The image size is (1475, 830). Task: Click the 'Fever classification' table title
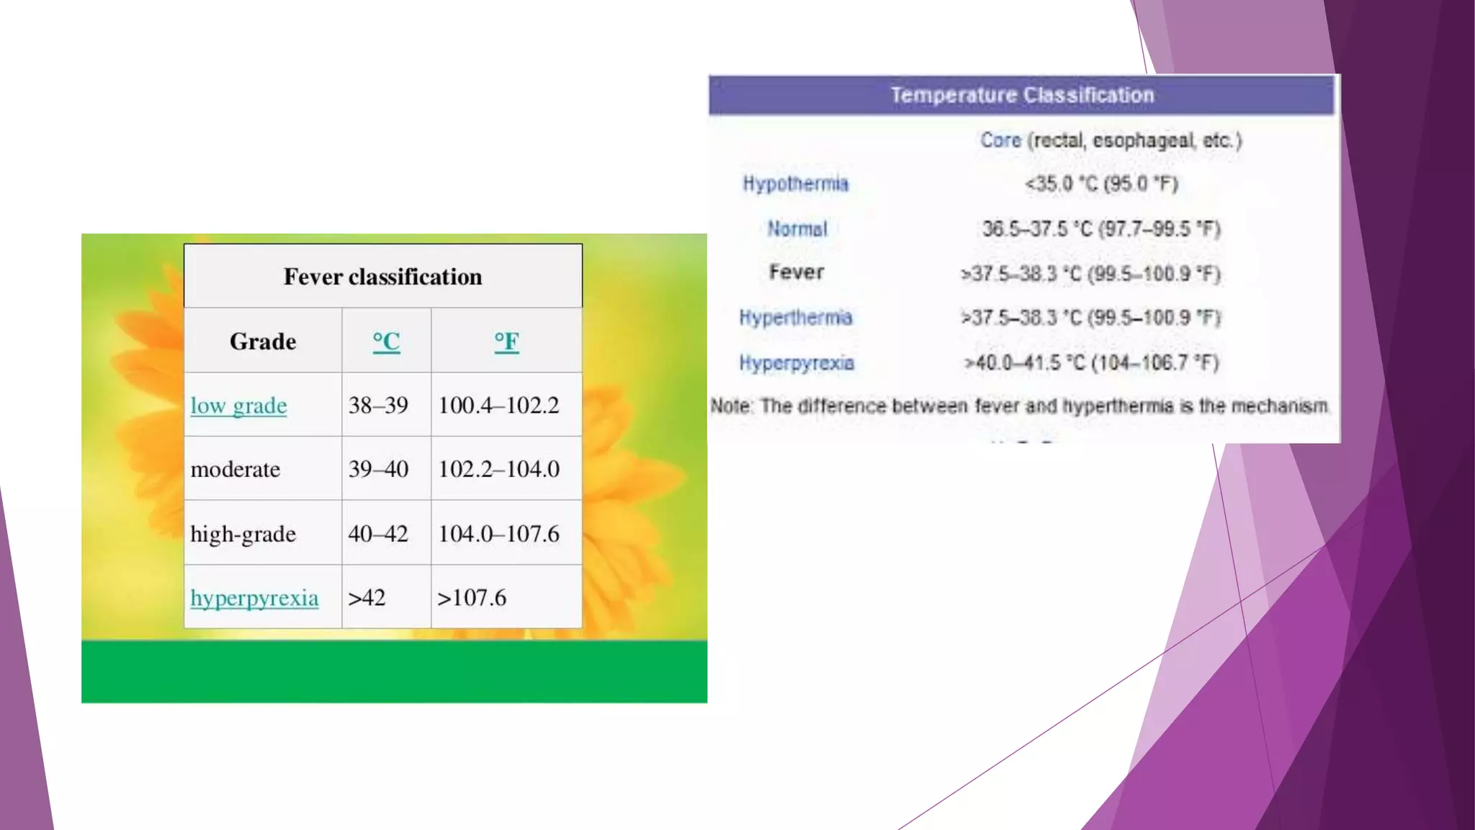pyautogui.click(x=382, y=277)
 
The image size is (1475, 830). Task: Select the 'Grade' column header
pyautogui.click(x=263, y=342)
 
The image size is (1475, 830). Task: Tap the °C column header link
pyautogui.click(x=386, y=342)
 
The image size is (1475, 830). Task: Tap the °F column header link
pyautogui.click(x=506, y=342)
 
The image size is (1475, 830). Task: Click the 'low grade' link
pyautogui.click(x=238, y=406)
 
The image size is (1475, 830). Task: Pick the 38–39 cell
pyautogui.click(x=378, y=406)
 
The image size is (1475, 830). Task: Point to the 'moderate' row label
pyautogui.click(x=235, y=470)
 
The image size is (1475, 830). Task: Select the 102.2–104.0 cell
pyautogui.click(x=498, y=470)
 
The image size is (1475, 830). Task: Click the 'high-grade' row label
pyautogui.click(x=243, y=534)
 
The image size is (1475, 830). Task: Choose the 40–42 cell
pyautogui.click(x=378, y=534)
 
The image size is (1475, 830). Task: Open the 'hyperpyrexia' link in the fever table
pyautogui.click(x=254, y=598)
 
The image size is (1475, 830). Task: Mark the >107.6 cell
pyautogui.click(x=472, y=598)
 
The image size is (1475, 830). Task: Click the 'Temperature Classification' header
pyautogui.click(x=1022, y=95)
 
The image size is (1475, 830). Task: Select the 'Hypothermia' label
pyautogui.click(x=796, y=184)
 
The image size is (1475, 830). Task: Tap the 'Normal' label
pyautogui.click(x=797, y=229)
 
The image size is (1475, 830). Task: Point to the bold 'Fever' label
pyautogui.click(x=797, y=272)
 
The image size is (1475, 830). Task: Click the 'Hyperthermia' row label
pyautogui.click(x=796, y=318)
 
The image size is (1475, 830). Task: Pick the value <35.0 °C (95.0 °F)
pyautogui.click(x=1101, y=184)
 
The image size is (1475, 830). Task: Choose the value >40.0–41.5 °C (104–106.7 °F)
pyautogui.click(x=1092, y=362)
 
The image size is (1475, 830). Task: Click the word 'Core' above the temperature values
pyautogui.click(x=1000, y=140)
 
